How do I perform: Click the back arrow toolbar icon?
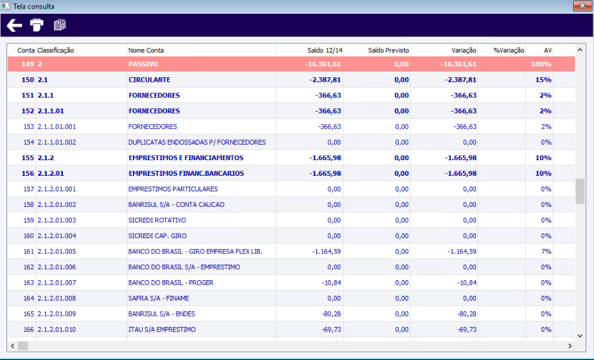[x=14, y=25]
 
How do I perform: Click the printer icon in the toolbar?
[x=37, y=25]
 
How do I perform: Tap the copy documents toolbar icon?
[x=60, y=25]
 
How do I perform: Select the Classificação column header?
[x=56, y=50]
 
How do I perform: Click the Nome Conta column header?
[x=146, y=50]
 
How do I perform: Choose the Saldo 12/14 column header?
[x=324, y=50]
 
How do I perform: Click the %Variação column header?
[x=508, y=50]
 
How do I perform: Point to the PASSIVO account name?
[x=143, y=64]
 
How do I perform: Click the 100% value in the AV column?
[x=541, y=64]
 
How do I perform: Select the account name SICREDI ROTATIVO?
[x=157, y=221]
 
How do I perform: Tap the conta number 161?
[x=28, y=252]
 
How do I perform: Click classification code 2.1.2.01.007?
[x=57, y=283]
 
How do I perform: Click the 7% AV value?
[x=546, y=252]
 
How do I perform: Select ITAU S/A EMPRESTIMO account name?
[x=162, y=330]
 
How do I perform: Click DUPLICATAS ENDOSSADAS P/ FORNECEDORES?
[x=197, y=142]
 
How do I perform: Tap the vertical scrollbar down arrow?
[x=580, y=336]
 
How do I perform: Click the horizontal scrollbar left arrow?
[x=12, y=346]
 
